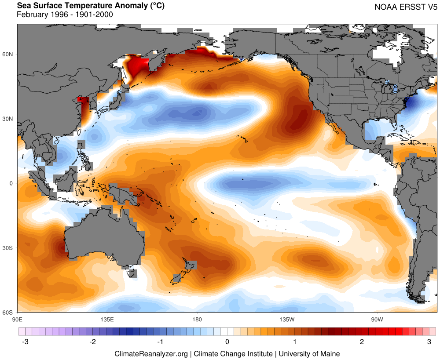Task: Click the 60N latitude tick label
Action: (x=9, y=54)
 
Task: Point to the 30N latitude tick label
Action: (x=9, y=119)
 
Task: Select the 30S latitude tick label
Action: (x=9, y=248)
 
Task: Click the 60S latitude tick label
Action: (x=9, y=313)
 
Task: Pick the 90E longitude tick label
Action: (x=17, y=319)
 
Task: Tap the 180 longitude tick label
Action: (x=197, y=319)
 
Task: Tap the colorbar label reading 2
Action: (x=362, y=342)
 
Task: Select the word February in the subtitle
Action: (x=30, y=15)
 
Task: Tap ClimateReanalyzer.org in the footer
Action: (x=151, y=353)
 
